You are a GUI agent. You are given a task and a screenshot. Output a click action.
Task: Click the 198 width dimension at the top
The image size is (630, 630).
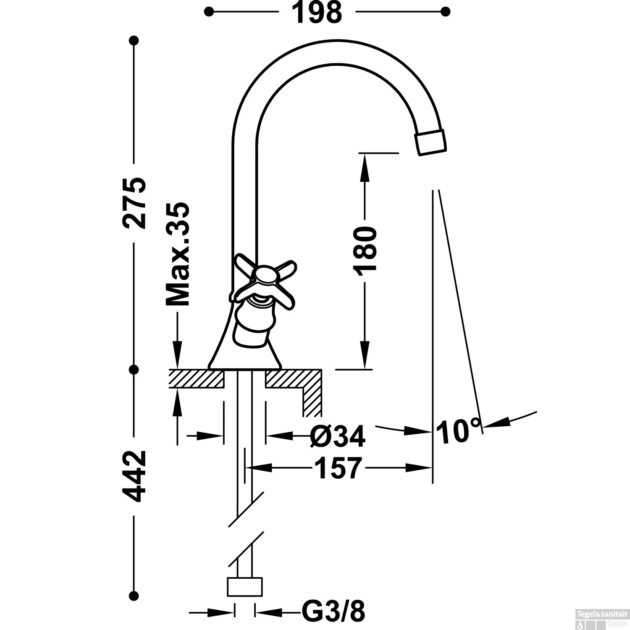[x=317, y=13]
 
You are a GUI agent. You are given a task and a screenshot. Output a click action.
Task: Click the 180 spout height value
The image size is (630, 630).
[x=364, y=251]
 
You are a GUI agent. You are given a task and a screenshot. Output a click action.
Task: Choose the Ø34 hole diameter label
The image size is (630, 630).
[x=337, y=436]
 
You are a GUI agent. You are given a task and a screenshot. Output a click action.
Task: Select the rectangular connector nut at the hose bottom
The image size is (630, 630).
[x=244, y=586]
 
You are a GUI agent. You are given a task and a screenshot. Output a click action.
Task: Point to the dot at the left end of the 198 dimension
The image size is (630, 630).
[x=209, y=12]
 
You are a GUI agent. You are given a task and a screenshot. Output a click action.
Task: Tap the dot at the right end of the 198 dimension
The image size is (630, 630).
[x=446, y=12]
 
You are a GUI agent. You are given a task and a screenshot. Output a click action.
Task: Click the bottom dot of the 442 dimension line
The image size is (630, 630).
[x=134, y=595]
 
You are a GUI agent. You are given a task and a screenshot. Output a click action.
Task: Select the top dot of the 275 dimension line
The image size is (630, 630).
[x=134, y=41]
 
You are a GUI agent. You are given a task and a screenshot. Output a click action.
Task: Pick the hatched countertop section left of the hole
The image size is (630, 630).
[x=196, y=378]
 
